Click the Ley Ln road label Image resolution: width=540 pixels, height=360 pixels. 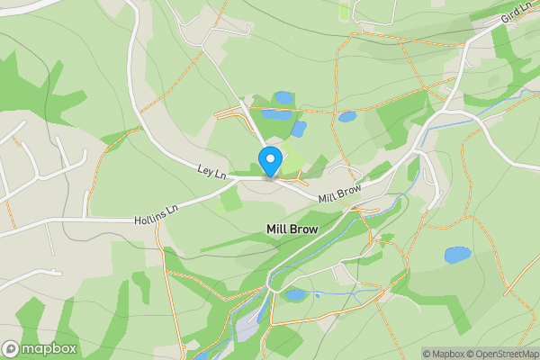(x=211, y=170)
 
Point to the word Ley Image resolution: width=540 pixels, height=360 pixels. (x=206, y=168)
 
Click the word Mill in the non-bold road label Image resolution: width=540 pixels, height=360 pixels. (x=328, y=196)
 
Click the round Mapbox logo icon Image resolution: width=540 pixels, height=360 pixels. (x=12, y=348)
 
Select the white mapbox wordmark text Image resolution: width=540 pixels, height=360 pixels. (x=49, y=348)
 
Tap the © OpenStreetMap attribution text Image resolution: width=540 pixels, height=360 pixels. (x=501, y=354)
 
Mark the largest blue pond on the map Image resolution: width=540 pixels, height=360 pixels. (x=457, y=255)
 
